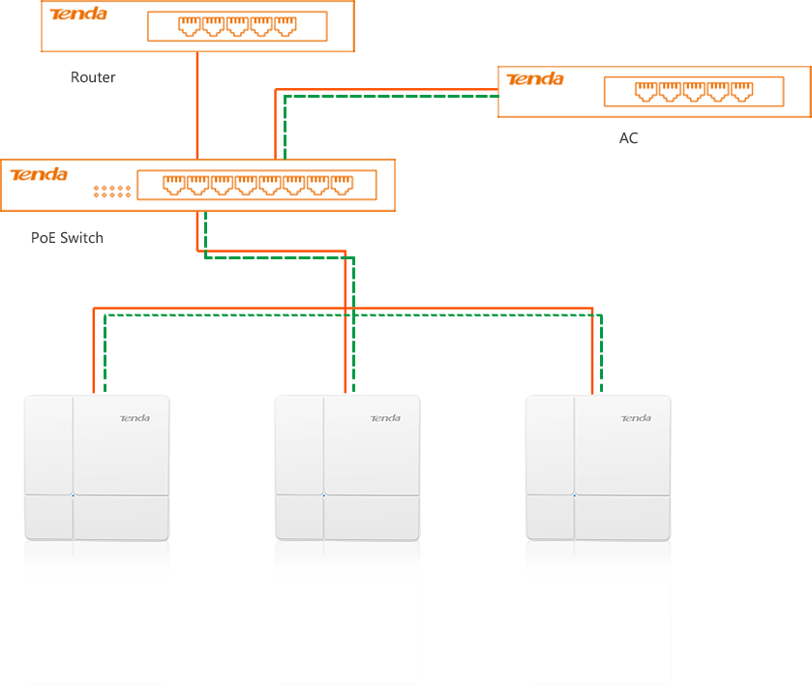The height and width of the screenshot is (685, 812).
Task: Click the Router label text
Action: [93, 77]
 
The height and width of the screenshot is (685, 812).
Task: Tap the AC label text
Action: [628, 138]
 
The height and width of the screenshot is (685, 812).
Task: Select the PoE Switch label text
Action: [67, 237]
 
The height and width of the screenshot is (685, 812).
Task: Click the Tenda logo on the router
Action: [78, 15]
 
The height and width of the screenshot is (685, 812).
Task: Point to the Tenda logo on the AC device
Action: [535, 79]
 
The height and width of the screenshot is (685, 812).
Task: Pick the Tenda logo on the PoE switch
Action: [39, 174]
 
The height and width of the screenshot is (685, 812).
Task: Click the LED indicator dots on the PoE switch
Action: [112, 192]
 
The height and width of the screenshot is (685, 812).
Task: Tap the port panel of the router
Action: [237, 27]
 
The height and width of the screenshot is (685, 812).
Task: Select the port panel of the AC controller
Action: [693, 92]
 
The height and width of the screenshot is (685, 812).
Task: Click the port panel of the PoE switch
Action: [258, 184]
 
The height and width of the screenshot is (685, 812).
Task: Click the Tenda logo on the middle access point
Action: [384, 418]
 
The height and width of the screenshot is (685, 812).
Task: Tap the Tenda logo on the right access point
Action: [635, 418]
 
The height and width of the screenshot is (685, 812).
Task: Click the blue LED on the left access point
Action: [73, 496]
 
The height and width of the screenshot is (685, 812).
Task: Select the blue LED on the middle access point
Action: [323, 496]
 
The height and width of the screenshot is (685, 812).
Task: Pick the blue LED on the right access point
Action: [574, 496]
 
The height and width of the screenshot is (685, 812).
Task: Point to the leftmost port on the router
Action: [191, 27]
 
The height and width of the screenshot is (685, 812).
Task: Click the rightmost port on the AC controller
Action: [741, 92]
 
